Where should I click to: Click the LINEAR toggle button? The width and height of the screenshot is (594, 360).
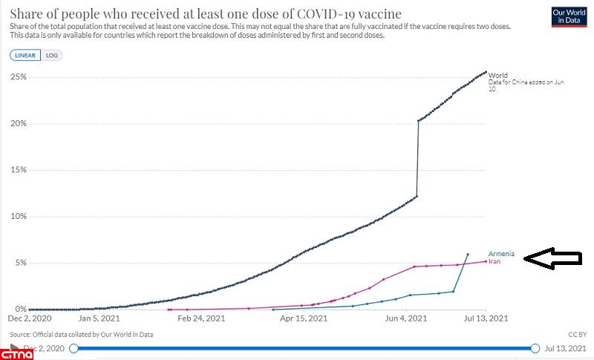[x=27, y=56]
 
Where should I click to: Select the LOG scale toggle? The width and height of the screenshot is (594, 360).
[x=52, y=56]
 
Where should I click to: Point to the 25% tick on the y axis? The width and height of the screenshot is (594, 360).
[x=18, y=77]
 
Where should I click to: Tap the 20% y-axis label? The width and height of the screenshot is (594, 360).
[x=18, y=124]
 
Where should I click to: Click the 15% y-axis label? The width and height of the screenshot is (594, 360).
[x=18, y=170]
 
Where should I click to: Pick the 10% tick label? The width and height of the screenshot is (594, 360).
[x=18, y=217]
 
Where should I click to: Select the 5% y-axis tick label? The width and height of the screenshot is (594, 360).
[x=20, y=263]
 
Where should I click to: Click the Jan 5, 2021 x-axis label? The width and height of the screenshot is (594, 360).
[x=100, y=318]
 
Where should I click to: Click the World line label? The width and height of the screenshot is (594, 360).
[x=497, y=75]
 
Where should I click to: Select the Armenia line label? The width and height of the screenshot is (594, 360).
[x=501, y=254]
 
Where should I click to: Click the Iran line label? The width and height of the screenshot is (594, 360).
[x=495, y=261]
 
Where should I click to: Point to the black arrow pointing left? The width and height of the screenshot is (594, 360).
[x=552, y=258]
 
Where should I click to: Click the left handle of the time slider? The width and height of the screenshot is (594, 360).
[x=74, y=348]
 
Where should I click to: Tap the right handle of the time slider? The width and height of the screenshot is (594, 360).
[x=535, y=348]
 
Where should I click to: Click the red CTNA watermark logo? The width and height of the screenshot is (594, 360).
[x=16, y=352]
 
